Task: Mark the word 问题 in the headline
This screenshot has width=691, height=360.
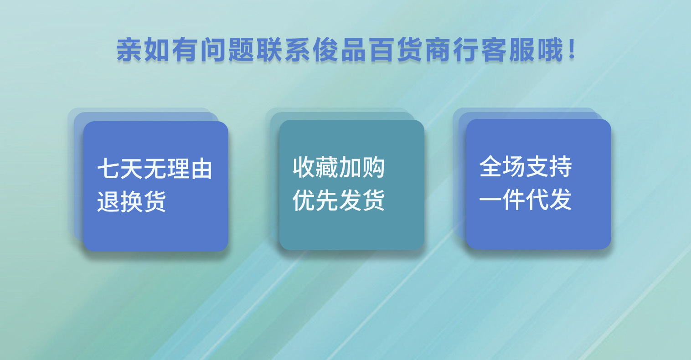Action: (227, 50)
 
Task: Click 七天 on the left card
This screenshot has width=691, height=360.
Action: (120, 169)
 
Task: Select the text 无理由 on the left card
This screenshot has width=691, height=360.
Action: (178, 169)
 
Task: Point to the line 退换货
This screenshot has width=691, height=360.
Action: (131, 201)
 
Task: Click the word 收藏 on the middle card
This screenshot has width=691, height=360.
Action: (316, 167)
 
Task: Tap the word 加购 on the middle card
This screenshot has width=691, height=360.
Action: (362, 167)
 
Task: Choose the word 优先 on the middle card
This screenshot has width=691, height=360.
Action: (316, 200)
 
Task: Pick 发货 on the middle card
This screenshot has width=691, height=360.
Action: (362, 200)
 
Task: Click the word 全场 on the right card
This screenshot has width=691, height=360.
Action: (502, 166)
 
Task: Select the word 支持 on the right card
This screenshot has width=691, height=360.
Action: (549, 166)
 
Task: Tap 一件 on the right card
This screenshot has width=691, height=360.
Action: (502, 200)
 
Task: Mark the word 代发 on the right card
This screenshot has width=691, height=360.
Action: (549, 200)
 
